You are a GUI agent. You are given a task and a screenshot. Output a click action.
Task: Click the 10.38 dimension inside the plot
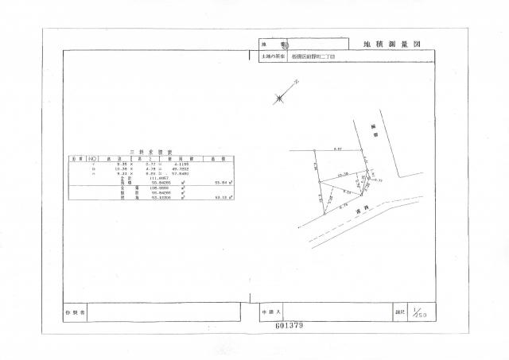(344, 174)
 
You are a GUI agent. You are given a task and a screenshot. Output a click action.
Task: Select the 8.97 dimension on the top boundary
(337, 149)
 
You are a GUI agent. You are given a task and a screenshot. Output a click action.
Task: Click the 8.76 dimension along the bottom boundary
(344, 207)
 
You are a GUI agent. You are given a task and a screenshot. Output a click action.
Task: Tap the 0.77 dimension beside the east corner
(379, 180)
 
